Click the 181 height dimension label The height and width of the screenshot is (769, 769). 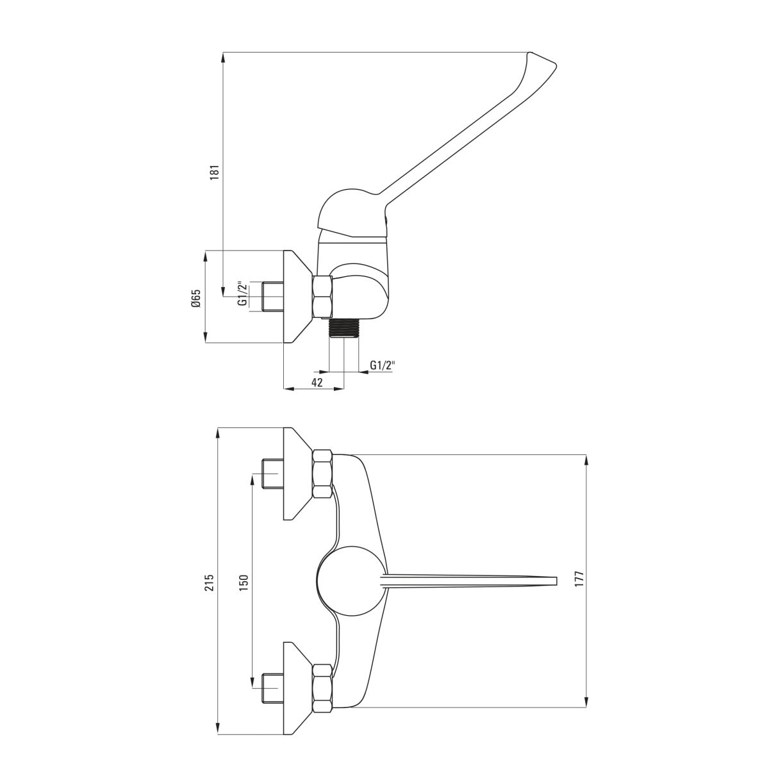[x=215, y=172]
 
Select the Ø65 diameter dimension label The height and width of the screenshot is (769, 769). [x=196, y=298]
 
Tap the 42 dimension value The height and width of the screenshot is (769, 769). [x=317, y=382]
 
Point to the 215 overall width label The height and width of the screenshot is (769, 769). [x=210, y=583]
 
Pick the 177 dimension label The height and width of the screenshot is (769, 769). [x=579, y=578]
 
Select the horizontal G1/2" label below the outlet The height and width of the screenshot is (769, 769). [x=383, y=365]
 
